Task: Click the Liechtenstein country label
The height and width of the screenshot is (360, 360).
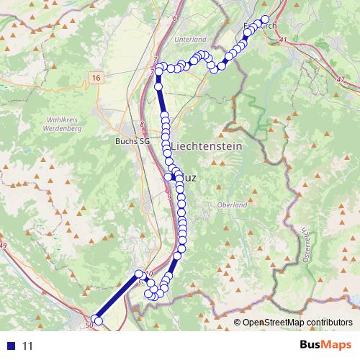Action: coord(206,146)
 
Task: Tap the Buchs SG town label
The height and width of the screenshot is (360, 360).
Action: coord(132,142)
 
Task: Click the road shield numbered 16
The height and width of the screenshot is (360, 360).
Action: coord(96,76)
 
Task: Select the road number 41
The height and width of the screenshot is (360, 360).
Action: coord(283,40)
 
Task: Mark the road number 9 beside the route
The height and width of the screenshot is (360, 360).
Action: coord(168,197)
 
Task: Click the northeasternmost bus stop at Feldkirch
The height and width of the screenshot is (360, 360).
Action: coord(265,19)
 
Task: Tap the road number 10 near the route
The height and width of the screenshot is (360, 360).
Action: coord(150,273)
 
